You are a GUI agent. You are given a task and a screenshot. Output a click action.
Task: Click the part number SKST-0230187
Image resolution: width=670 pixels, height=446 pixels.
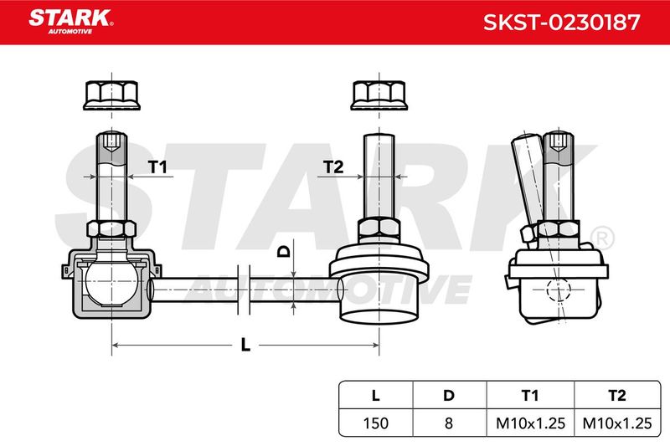click(561, 23)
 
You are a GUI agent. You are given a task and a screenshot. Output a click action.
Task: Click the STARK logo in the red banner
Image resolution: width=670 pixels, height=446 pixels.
click(71, 22)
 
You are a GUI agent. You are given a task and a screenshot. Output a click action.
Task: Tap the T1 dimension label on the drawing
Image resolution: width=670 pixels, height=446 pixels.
click(157, 167)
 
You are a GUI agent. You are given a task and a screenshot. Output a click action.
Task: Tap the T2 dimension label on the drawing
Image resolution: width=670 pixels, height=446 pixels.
click(333, 167)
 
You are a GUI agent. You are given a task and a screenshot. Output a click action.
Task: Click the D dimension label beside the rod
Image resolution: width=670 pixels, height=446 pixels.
click(284, 251)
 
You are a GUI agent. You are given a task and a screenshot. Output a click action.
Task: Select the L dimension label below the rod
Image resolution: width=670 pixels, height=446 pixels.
click(245, 345)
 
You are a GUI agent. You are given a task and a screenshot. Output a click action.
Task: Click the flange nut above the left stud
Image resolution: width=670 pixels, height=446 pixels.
click(111, 95)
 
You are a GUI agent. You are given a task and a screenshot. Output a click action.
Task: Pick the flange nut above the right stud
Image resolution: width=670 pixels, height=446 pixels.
click(379, 95)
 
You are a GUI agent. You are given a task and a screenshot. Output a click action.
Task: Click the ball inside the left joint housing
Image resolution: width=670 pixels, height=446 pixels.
click(111, 282)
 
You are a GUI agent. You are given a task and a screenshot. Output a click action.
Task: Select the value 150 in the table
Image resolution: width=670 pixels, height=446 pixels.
click(375, 423)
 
